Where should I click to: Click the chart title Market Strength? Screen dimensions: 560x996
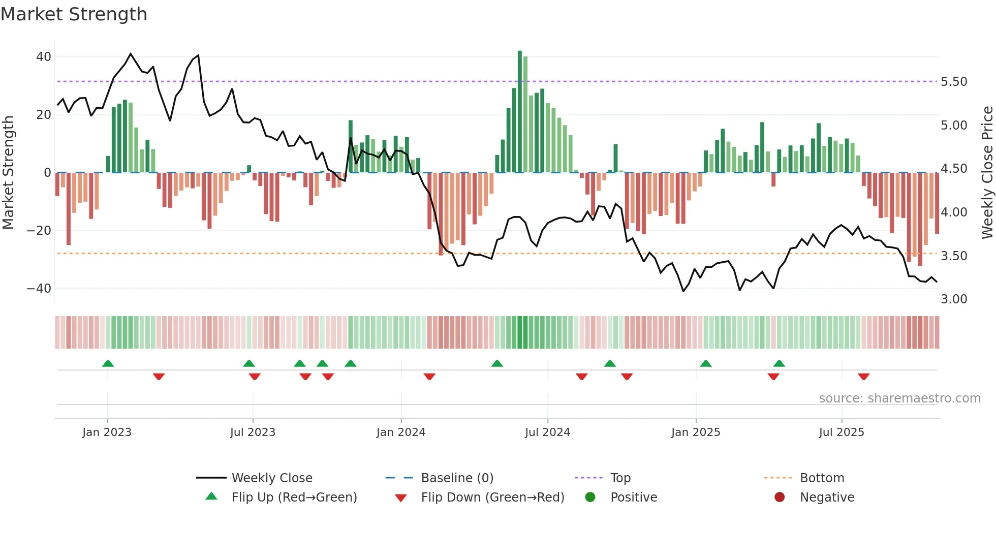tap(74, 14)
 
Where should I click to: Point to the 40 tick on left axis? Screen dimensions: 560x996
tap(44, 57)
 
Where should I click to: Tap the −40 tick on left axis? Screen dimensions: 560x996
tap(40, 289)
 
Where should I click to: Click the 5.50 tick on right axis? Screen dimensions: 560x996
tap(954, 82)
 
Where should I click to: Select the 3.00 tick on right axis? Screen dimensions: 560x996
tap(954, 299)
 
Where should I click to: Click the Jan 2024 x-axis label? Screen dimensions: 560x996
tap(401, 432)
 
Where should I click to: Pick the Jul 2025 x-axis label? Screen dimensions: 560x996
tap(842, 432)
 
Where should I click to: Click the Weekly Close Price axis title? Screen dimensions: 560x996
tap(987, 172)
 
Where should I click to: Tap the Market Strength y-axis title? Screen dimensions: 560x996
tap(9, 172)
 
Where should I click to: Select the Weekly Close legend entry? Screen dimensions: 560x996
tap(272, 478)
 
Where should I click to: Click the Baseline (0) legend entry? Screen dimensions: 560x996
tap(457, 478)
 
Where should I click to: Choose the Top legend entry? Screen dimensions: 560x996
tap(620, 478)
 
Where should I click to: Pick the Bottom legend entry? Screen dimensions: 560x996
tap(822, 478)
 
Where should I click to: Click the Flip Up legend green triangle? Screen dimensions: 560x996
tap(211, 496)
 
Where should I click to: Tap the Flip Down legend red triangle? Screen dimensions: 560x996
tap(400, 498)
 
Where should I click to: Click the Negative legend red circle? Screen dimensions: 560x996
tap(780, 497)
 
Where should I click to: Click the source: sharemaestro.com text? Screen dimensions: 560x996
tap(899, 398)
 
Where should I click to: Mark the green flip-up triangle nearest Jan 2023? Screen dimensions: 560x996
tap(108, 364)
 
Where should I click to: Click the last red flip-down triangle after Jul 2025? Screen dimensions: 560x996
tap(864, 377)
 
